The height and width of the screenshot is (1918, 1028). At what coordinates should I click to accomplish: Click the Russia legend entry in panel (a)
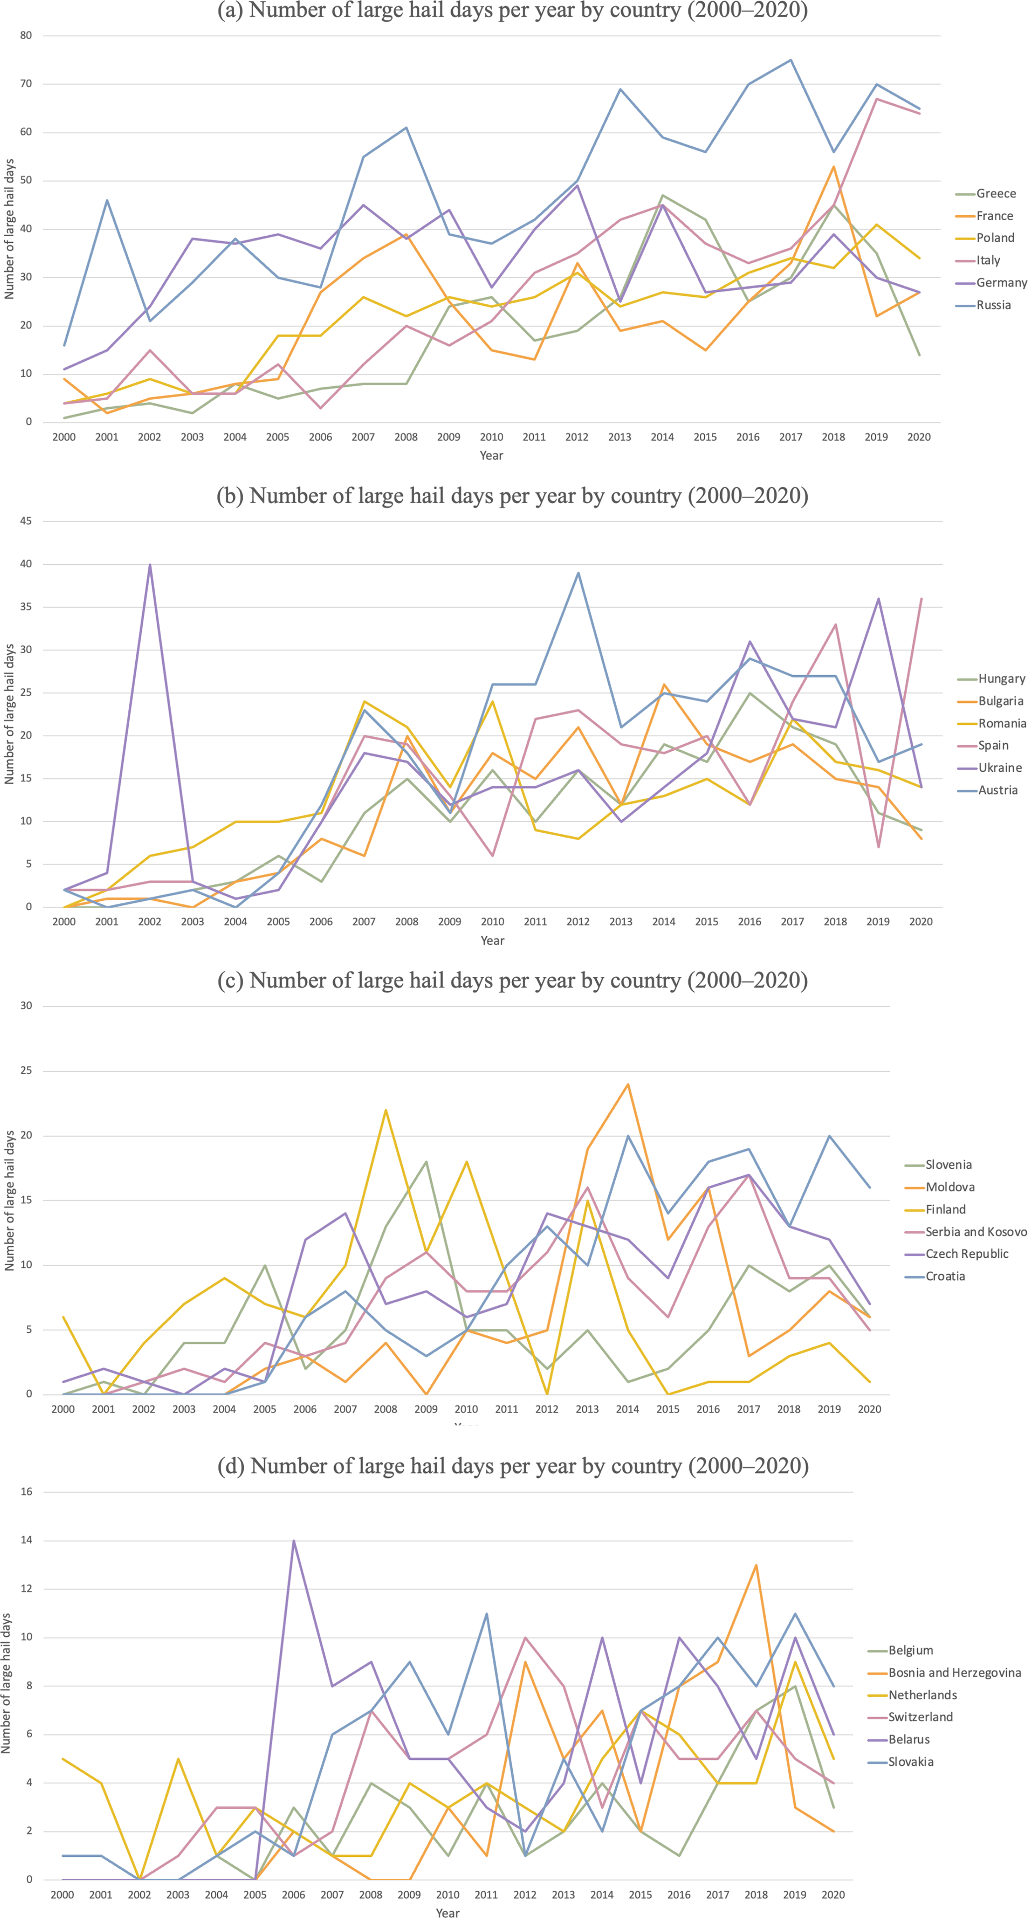coord(994,305)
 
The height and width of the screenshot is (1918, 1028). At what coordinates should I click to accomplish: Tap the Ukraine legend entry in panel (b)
coord(1000,768)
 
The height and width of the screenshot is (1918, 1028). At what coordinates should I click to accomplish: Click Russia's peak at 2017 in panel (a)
coord(790,60)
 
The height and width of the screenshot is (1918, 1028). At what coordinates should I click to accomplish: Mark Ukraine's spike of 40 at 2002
coord(150,564)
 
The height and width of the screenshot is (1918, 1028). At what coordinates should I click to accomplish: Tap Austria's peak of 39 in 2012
coord(578,573)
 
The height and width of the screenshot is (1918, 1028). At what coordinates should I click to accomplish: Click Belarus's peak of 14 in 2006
coord(293,1541)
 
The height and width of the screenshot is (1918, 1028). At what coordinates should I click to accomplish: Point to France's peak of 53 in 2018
coord(834,167)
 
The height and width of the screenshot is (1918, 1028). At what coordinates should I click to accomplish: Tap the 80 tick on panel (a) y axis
coord(26,35)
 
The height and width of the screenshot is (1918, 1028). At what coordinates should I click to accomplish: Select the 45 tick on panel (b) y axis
coord(26,521)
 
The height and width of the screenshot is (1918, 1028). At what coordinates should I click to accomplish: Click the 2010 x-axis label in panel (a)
coord(491,437)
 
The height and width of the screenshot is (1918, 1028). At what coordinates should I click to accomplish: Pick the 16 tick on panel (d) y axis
coord(26,1491)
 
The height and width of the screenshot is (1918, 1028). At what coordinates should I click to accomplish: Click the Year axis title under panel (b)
coord(492,941)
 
